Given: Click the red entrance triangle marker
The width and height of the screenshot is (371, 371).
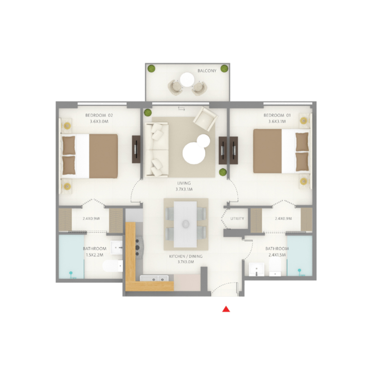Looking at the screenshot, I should pyautogui.click(x=226, y=309).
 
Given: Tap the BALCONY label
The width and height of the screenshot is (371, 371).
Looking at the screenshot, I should pyautogui.click(x=207, y=71).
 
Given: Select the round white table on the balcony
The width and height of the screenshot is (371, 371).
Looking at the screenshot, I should pyautogui.click(x=187, y=79).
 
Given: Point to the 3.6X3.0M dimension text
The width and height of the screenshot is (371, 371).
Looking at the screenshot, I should pyautogui.click(x=99, y=122).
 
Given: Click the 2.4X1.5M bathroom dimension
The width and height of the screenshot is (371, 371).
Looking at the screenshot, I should pyautogui.click(x=277, y=255).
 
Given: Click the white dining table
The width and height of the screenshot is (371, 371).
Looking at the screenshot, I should pyautogui.click(x=185, y=223).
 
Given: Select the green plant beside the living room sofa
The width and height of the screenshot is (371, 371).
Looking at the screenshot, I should pyautogui.click(x=148, y=112).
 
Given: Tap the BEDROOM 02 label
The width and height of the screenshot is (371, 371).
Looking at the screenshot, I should pyautogui.click(x=99, y=115).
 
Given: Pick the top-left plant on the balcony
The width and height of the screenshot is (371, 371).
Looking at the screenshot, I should pyautogui.click(x=151, y=69).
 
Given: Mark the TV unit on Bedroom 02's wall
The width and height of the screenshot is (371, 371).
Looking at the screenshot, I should pyautogui.click(x=136, y=149).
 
